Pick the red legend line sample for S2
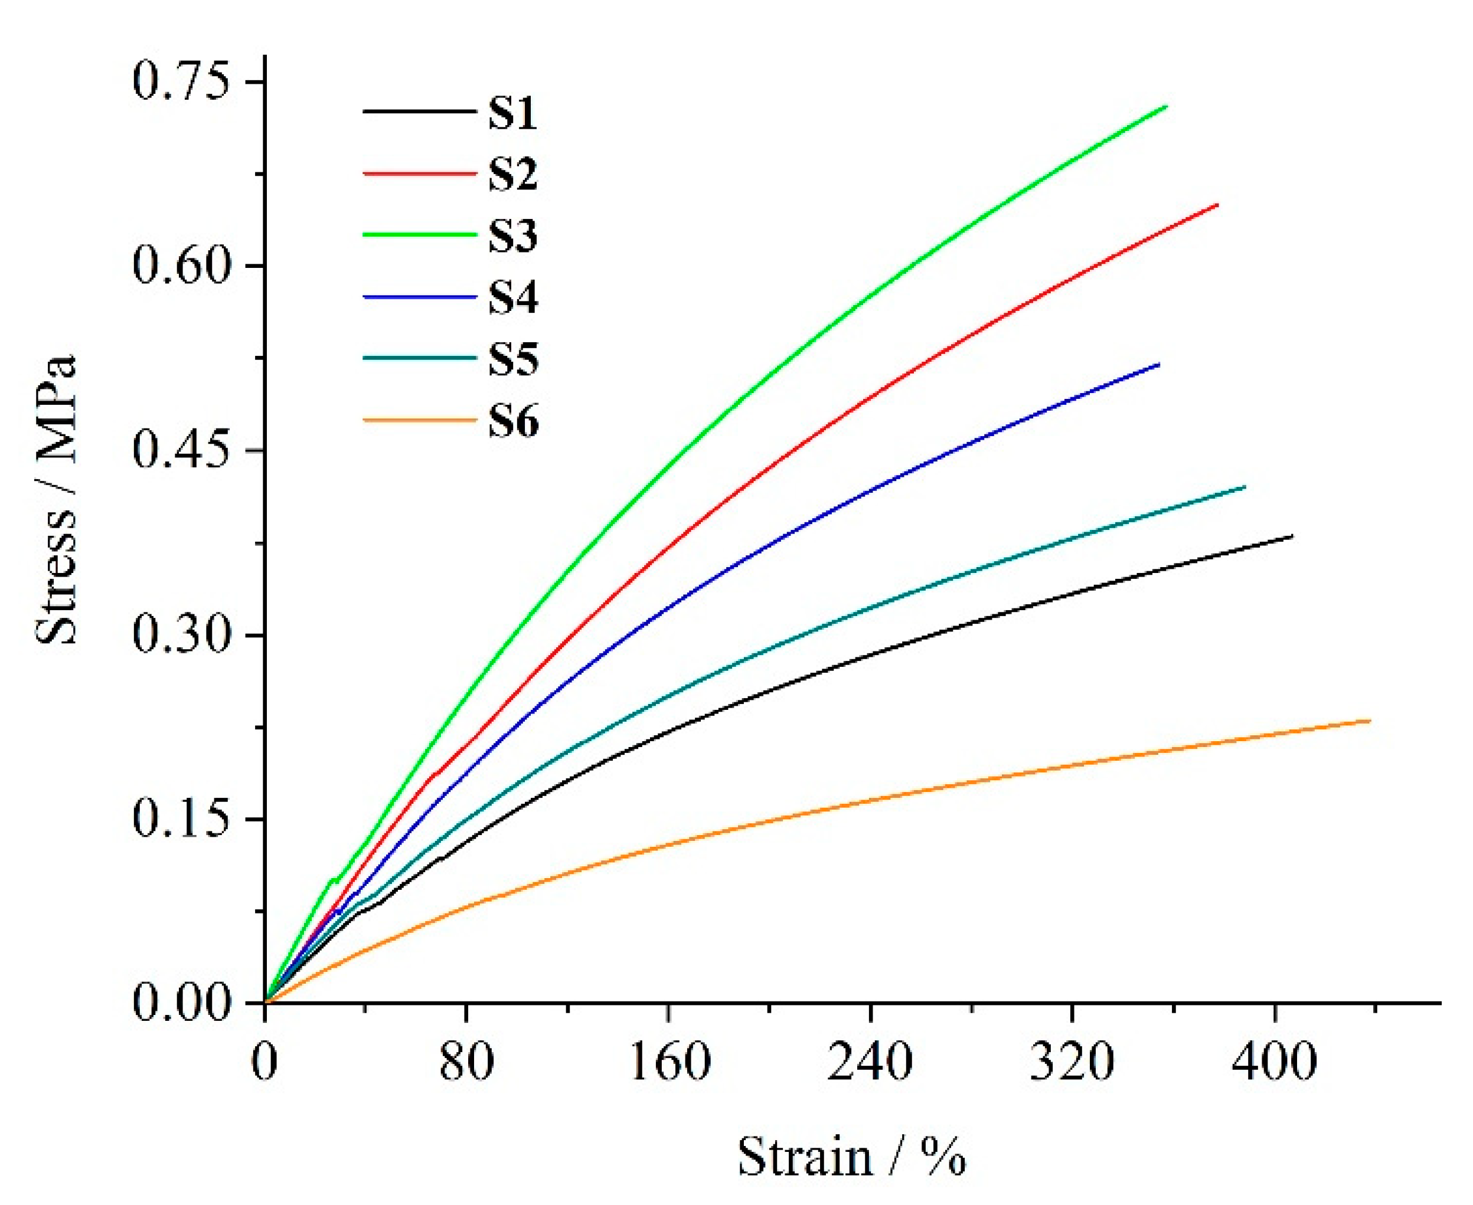point(420,172)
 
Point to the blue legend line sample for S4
point(420,296)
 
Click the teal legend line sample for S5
point(420,358)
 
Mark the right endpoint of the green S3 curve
point(1166,107)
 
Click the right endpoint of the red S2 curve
point(1217,205)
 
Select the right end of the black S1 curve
point(1292,536)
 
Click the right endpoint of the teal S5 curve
point(1245,487)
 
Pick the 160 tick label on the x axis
point(669,1062)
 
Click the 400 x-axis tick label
point(1275,1062)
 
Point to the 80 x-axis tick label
point(466,1062)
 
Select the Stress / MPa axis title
point(55,501)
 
